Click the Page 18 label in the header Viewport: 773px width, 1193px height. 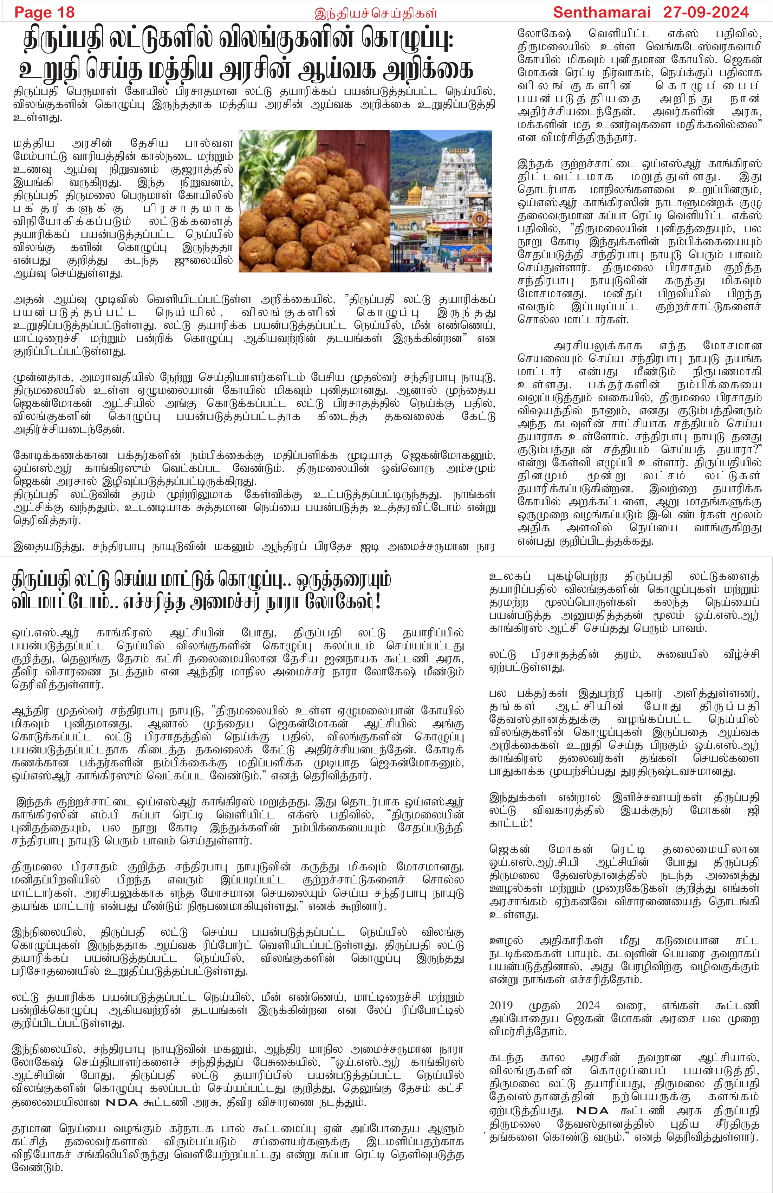pyautogui.click(x=44, y=12)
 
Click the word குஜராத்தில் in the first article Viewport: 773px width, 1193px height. pyautogui.click(x=206, y=169)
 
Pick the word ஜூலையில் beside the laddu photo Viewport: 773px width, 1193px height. pyautogui.click(x=210, y=261)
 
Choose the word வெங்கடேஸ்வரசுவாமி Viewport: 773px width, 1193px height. pyautogui.click(x=708, y=47)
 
